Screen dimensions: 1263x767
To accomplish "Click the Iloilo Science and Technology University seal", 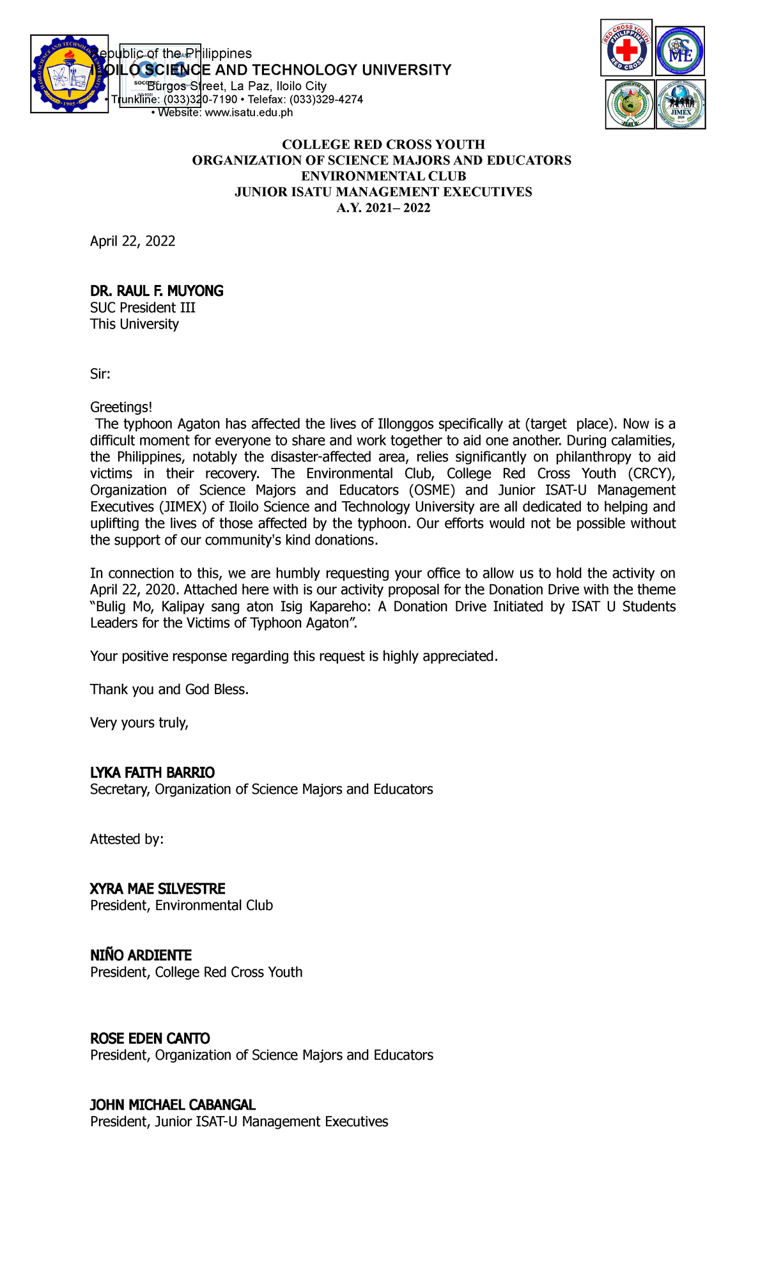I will click(x=69, y=74).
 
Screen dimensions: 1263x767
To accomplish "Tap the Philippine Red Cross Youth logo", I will click(x=626, y=48).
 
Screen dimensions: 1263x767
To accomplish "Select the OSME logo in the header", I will click(x=680, y=51).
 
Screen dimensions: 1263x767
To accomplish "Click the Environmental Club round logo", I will click(x=630, y=104).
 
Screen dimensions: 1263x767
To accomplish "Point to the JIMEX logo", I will click(x=681, y=104).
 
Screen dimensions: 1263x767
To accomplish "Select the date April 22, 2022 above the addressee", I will click(x=132, y=241).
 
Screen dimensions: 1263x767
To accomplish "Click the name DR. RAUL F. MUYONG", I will click(x=157, y=291).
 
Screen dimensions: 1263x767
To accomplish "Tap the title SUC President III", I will click(x=143, y=308).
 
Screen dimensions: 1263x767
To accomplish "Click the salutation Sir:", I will click(x=100, y=375).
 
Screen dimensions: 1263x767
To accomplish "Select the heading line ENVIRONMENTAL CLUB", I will click(x=383, y=176).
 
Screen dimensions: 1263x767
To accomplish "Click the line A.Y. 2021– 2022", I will click(x=383, y=208).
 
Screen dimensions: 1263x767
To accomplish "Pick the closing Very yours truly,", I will click(x=139, y=723).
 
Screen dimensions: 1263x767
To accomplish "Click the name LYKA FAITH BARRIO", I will click(x=152, y=773).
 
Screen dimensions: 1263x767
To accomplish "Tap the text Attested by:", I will click(x=127, y=839).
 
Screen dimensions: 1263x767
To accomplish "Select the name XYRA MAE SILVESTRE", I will click(x=157, y=889).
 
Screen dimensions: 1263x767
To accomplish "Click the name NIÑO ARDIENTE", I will click(x=141, y=956).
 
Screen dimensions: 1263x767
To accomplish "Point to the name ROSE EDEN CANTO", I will click(x=150, y=1039).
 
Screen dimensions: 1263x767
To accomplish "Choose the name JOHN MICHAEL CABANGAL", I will click(x=173, y=1105).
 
